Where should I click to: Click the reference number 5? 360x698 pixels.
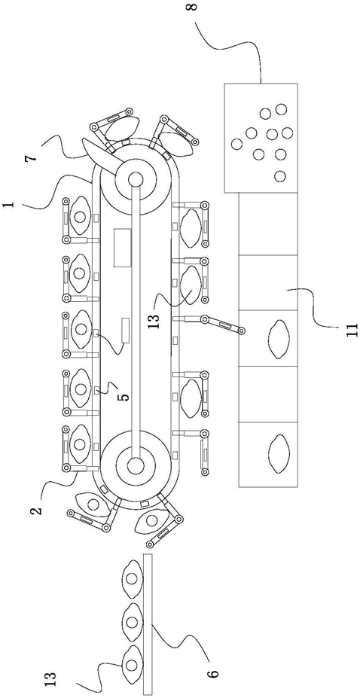click(x=127, y=395)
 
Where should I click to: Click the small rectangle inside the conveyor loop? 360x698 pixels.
click(x=125, y=331)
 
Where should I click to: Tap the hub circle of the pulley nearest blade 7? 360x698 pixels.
click(x=135, y=179)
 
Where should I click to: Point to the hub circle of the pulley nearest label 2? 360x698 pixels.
click(x=136, y=465)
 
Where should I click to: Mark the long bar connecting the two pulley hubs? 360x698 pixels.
click(x=136, y=322)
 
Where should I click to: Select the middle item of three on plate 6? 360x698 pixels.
click(x=132, y=620)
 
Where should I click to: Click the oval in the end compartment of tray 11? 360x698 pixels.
click(x=279, y=453)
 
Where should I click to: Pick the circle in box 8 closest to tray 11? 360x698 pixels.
click(x=280, y=176)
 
